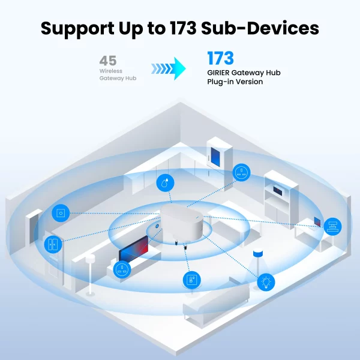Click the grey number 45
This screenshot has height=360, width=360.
[108, 61]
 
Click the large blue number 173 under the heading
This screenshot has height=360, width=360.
[220, 59]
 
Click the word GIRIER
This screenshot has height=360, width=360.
[220, 73]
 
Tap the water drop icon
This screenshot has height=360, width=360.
[165, 183]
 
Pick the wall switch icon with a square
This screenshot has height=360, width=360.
[60, 213]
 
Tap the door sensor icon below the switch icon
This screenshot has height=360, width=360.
[53, 244]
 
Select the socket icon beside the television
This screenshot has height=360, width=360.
[122, 269]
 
